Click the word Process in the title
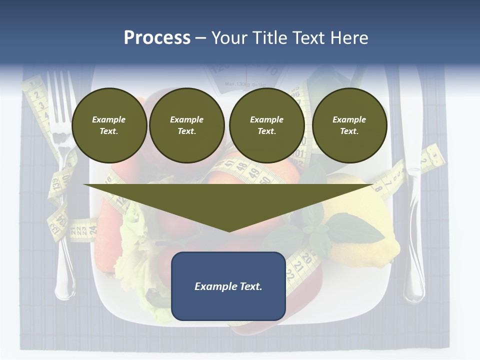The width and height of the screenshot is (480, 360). pyautogui.click(x=157, y=38)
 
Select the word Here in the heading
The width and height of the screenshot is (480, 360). pyautogui.click(x=346, y=38)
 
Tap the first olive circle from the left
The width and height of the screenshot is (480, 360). pyautogui.click(x=109, y=125)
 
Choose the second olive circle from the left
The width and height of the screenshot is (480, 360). pyautogui.click(x=187, y=125)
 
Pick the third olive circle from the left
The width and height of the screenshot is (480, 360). pyautogui.click(x=267, y=125)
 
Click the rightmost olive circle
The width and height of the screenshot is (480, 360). pyautogui.click(x=349, y=125)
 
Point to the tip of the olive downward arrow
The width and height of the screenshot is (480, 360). pyautogui.click(x=229, y=230)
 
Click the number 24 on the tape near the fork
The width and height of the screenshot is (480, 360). pyautogui.click(x=92, y=230)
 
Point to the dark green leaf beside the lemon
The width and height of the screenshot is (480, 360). pyautogui.click(x=355, y=228)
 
